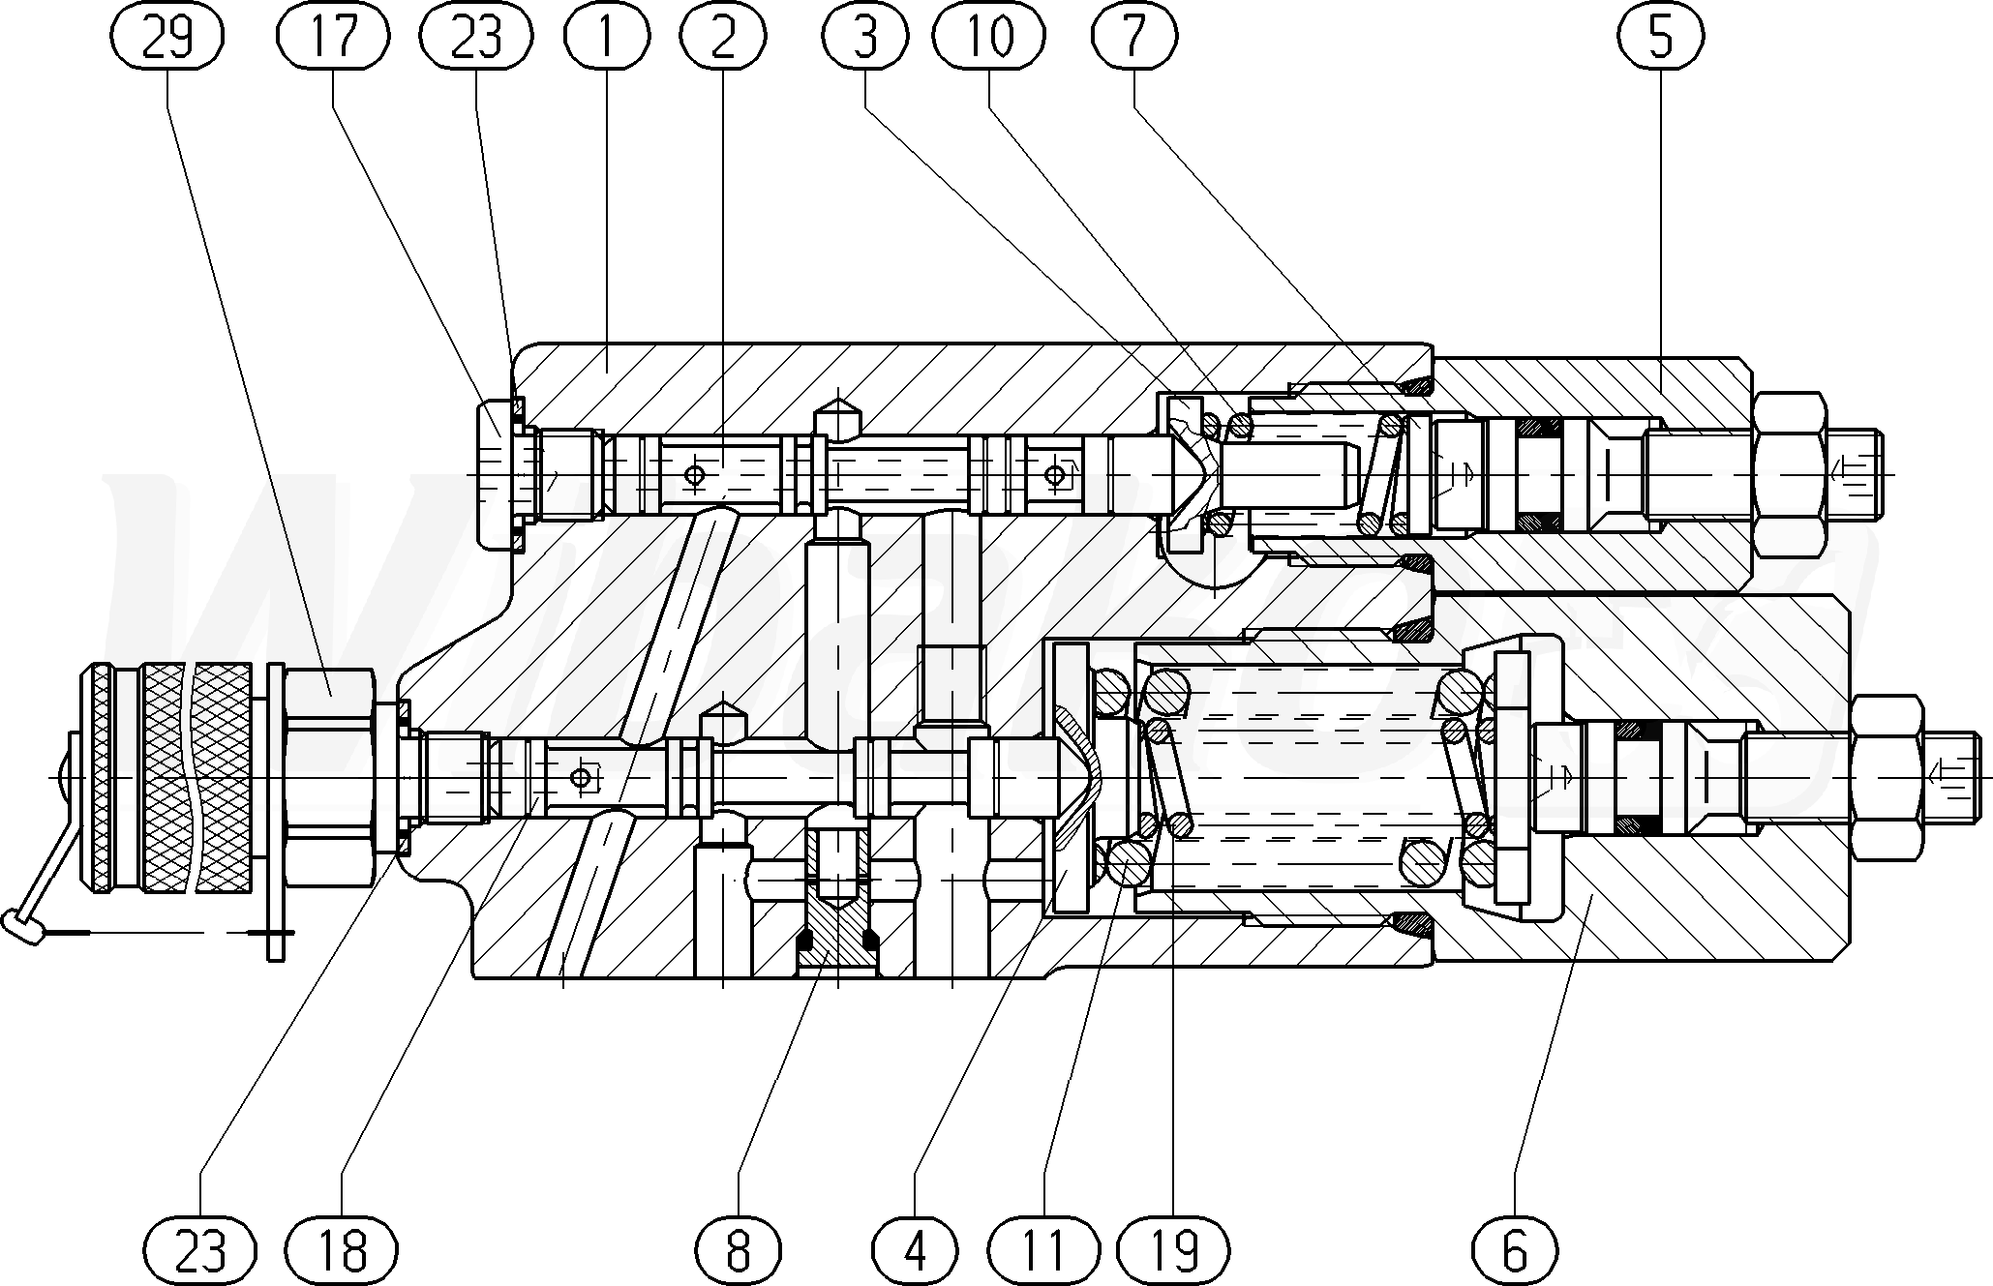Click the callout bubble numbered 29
click(x=166, y=37)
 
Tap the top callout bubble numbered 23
click(x=476, y=37)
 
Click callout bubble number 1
click(x=607, y=37)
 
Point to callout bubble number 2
click(x=723, y=37)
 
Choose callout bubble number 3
click(x=864, y=37)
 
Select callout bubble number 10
click(x=989, y=37)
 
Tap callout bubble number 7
click(x=1132, y=37)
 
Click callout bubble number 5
click(x=1659, y=37)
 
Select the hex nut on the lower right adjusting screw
click(x=1885, y=777)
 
